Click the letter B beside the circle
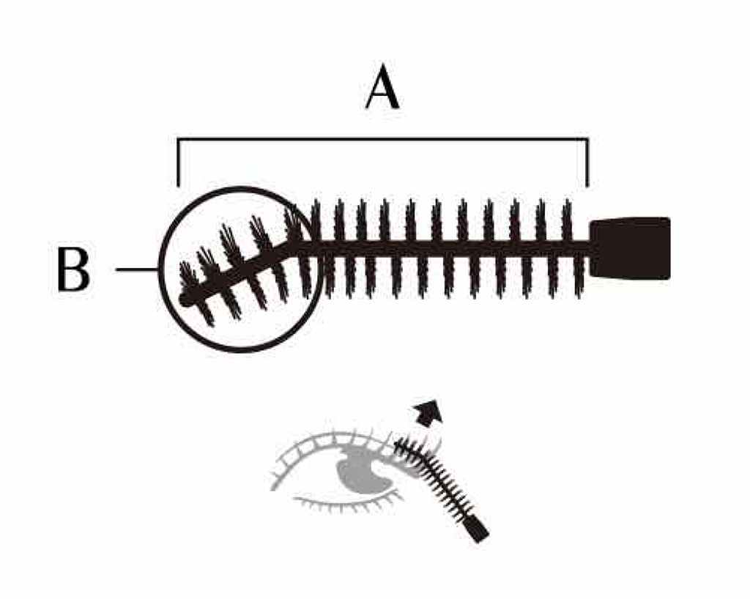73,270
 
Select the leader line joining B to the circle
137,270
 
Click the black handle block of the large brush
631,248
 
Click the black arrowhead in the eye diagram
427,414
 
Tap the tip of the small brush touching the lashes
399,443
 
